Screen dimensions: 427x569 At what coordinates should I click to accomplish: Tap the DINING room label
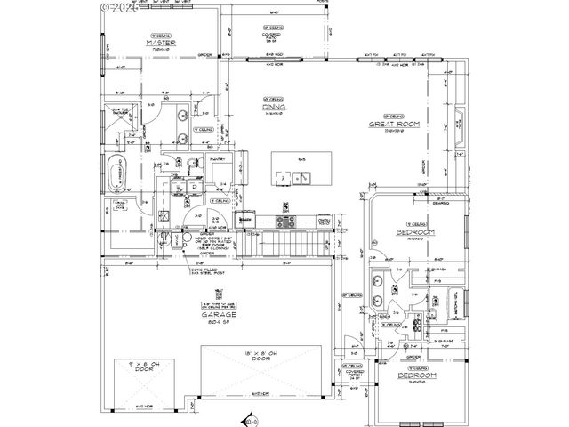[272, 107]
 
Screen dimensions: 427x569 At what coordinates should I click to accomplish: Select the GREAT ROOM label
[394, 124]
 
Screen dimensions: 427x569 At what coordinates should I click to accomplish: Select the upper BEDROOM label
[414, 232]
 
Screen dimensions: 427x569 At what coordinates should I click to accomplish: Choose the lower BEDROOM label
[415, 377]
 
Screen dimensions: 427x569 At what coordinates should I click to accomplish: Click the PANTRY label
[219, 160]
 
